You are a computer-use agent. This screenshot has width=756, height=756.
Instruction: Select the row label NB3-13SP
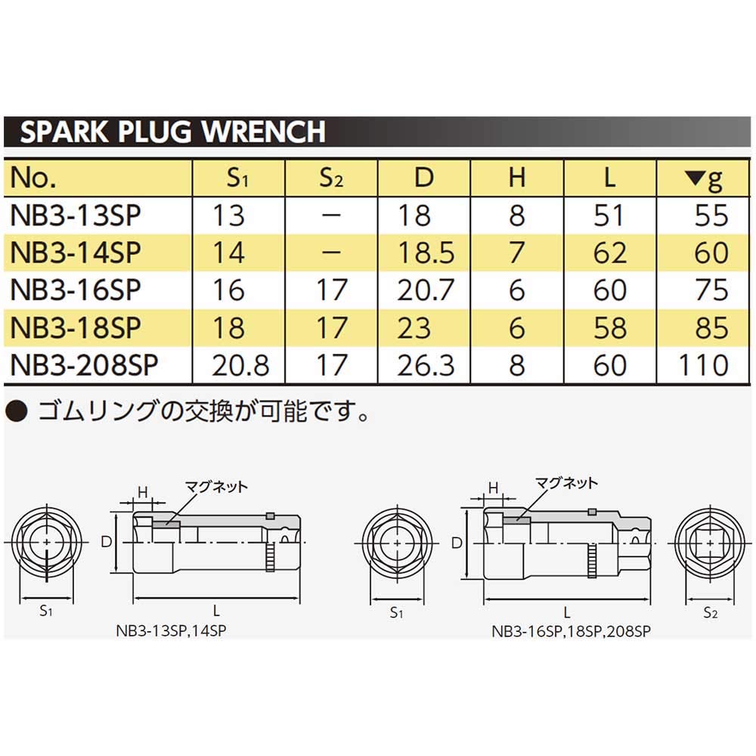point(76,216)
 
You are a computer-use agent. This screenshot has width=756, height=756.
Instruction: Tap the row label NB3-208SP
point(85,364)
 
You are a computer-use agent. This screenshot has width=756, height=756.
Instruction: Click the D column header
point(424,178)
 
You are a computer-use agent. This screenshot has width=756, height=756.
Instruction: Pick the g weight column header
point(703,179)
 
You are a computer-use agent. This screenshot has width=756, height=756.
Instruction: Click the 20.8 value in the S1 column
point(240,364)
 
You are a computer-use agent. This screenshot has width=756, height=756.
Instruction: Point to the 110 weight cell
point(702,364)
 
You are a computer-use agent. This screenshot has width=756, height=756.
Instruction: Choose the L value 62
point(609,253)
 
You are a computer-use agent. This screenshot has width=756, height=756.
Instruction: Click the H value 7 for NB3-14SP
point(516,253)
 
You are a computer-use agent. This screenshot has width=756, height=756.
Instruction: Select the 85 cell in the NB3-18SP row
point(710,327)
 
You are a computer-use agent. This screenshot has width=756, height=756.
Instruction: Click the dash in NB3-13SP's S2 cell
point(332,216)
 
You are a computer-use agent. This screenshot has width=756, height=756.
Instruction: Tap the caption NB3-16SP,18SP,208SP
point(571,629)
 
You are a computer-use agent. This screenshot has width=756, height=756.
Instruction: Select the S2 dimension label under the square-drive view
point(709,612)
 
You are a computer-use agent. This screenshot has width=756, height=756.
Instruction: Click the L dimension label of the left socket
point(216,610)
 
